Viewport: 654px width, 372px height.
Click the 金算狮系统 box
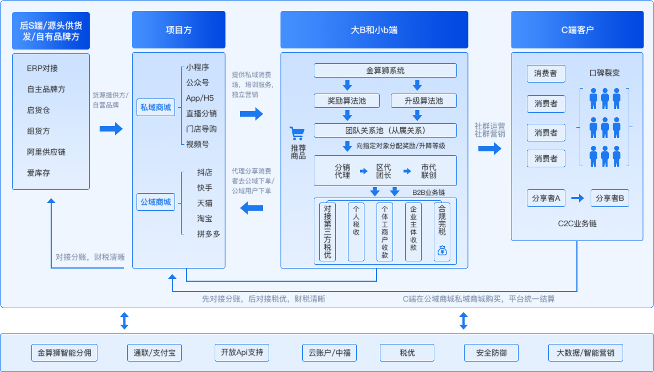point(385,70)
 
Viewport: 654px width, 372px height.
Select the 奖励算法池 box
point(347,101)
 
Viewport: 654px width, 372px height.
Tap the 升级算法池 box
point(424,101)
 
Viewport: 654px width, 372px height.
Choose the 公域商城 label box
point(155,202)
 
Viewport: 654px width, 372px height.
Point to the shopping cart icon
point(298,134)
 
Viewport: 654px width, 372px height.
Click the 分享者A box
point(546,198)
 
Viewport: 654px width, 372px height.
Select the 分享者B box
point(610,198)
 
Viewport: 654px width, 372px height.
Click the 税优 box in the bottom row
point(407,353)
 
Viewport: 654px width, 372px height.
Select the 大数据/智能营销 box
point(586,353)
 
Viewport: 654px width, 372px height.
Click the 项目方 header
point(179,30)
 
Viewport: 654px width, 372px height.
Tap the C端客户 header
point(577,30)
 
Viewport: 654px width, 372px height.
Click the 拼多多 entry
point(208,234)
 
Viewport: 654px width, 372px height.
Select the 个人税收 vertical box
point(356,232)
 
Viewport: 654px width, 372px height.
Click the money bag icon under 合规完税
point(442,251)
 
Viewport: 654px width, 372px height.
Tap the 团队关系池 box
point(385,130)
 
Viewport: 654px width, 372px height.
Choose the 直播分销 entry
point(201,113)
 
